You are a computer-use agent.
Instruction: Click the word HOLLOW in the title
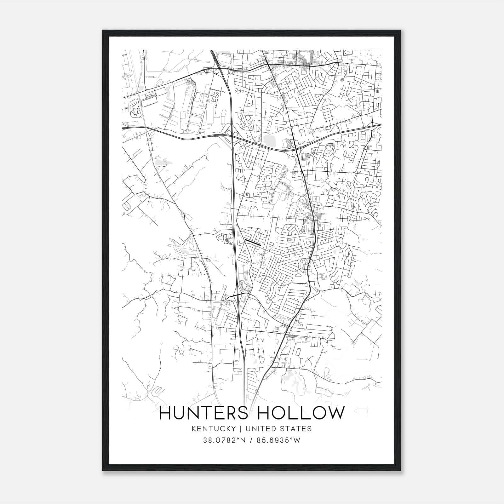coord(301,413)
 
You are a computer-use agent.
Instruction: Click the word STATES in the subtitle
coord(297,429)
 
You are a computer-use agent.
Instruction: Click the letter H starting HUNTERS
coord(166,413)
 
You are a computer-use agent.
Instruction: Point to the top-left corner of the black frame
coord(103,31)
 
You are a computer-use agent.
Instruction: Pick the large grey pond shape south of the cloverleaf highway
coord(269,139)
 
